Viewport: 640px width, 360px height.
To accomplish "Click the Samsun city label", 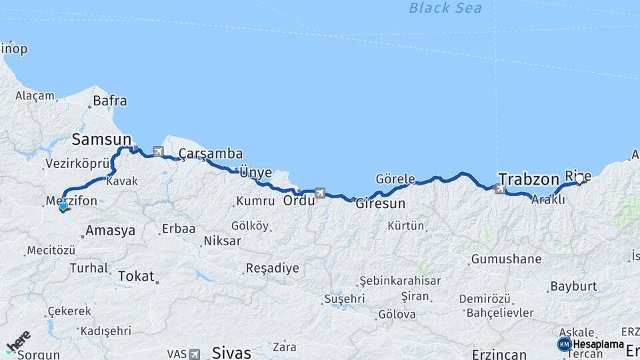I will coord(101,139).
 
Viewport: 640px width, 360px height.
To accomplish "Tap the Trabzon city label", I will coord(528,179).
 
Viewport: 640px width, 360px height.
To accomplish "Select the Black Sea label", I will coord(445,8).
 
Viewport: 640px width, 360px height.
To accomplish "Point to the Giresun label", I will coord(380,203).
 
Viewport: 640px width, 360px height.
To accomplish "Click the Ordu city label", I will coord(299,200).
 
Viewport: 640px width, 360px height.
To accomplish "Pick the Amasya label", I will coord(110,231).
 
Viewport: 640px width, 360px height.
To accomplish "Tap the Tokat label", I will coord(136,275).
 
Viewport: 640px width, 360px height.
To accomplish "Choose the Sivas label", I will coord(231,352).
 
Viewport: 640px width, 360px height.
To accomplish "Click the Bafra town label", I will coord(110,101).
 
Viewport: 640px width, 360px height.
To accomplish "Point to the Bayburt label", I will coord(573,287).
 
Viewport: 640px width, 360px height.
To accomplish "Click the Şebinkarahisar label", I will coord(400,281).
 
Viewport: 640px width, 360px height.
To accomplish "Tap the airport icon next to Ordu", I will coord(320,193).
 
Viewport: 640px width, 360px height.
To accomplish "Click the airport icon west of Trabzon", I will coord(499,189).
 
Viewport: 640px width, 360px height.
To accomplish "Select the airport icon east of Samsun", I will coord(158,151).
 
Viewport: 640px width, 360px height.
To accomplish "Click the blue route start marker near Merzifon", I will coord(63,206).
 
